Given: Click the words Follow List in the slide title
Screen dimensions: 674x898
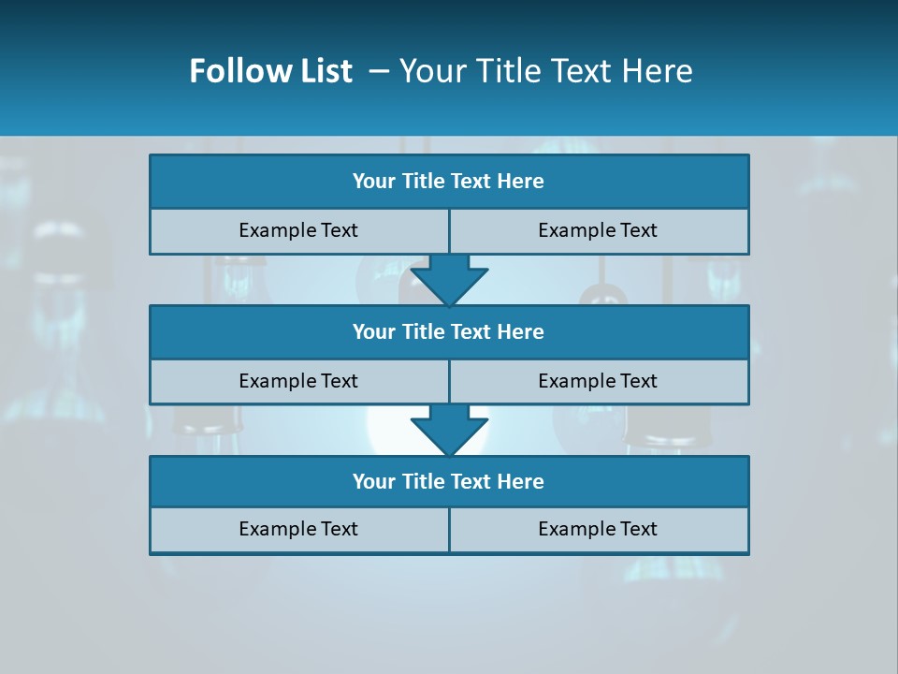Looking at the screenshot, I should point(270,71).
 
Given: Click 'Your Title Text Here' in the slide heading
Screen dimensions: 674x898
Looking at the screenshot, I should point(545,71).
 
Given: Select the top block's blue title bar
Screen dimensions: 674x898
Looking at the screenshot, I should point(449,182).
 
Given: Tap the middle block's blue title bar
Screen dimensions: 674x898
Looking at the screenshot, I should point(449,331).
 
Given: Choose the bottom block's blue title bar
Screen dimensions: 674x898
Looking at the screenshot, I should point(449,481).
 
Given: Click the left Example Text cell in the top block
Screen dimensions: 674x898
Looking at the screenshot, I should point(298,230).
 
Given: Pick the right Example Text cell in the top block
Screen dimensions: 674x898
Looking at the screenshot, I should point(598,230).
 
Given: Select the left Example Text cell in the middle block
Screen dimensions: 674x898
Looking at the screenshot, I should point(298,381).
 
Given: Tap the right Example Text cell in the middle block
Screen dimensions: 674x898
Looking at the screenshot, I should point(598,381).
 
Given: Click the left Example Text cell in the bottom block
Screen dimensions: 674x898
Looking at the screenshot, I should point(298,529).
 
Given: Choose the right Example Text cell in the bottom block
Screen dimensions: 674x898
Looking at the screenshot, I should point(598,529).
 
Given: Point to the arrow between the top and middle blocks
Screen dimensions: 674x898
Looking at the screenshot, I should point(449,279).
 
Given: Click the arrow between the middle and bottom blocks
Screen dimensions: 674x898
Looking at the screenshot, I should point(449,430).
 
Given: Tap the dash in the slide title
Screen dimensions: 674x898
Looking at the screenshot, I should point(379,71).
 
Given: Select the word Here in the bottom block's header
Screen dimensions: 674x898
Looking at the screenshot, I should point(520,481).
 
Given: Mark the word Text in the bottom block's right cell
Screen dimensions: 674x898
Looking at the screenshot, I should point(639,529).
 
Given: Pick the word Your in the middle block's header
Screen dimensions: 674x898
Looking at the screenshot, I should point(373,331).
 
